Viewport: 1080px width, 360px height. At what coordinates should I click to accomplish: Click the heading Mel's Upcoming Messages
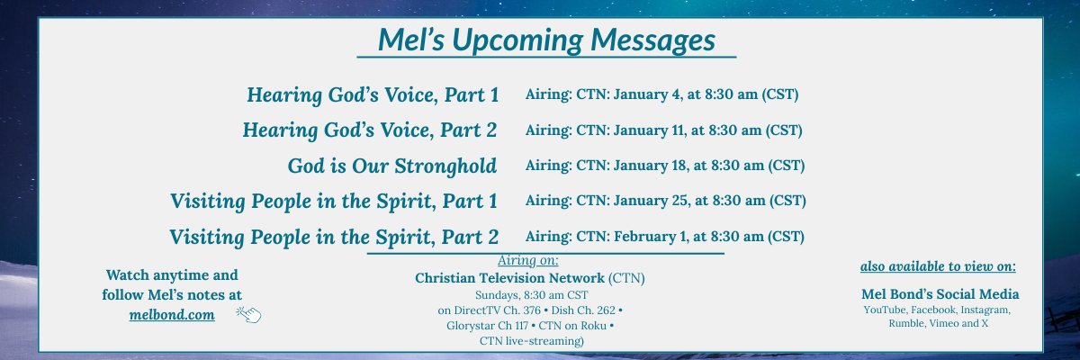coord(546,40)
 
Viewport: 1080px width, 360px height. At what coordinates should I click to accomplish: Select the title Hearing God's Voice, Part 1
coord(373,94)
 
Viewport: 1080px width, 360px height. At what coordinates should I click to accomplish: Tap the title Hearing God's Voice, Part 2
coord(369,130)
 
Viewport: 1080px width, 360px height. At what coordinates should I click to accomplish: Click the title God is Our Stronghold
coord(392,166)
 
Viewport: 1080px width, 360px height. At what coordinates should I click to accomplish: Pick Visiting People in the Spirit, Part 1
coord(334,202)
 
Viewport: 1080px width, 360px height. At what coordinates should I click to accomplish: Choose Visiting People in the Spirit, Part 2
coord(334,237)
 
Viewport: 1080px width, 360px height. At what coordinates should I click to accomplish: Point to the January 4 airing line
coord(661,94)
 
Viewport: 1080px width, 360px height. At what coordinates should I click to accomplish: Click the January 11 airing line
coord(663,130)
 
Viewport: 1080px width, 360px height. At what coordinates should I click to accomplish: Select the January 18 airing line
coord(665,166)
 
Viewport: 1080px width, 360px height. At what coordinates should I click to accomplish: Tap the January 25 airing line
coord(665,201)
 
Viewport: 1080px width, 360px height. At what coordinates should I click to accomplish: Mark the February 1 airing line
coord(664,237)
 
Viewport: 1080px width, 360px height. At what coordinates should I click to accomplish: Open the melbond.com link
coord(172,315)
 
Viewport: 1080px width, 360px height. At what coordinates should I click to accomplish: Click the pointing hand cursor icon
coord(248,315)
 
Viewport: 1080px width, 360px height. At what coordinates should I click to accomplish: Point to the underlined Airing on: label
coord(528,260)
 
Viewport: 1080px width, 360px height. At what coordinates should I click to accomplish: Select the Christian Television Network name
coord(509,278)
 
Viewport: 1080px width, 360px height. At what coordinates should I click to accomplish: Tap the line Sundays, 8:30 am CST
coord(531,295)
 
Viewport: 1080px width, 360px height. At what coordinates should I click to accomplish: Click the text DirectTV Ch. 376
coord(498,310)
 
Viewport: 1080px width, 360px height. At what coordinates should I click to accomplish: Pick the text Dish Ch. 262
coord(583,310)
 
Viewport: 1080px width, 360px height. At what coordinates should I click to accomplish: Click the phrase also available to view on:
coord(938,266)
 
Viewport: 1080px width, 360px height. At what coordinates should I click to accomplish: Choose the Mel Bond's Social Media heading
coord(940,294)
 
